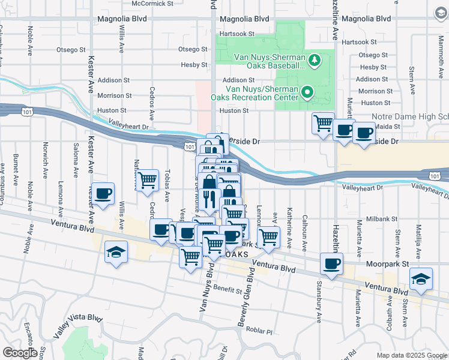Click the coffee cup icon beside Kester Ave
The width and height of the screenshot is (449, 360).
click(103, 193)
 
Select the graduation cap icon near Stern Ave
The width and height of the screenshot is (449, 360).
click(421, 279)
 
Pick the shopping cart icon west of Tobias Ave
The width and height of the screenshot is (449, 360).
click(147, 180)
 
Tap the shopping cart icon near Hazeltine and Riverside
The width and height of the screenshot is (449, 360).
click(323, 124)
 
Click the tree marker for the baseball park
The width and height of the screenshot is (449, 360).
click(314, 60)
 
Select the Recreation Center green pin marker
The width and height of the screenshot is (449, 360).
click(307, 92)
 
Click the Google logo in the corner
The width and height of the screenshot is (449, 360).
click(20, 353)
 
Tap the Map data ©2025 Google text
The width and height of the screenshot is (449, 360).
click(411, 355)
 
